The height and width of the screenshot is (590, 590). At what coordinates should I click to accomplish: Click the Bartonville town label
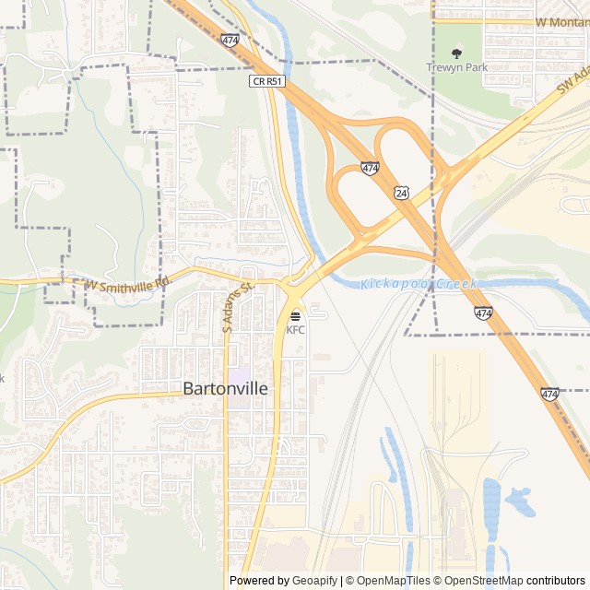click(226, 389)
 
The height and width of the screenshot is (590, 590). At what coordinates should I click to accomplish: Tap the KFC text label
click(295, 330)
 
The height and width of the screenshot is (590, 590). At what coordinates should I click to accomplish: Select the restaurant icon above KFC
click(295, 317)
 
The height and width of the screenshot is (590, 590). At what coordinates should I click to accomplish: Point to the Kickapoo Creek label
click(419, 284)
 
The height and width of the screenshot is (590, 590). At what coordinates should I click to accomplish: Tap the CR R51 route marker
click(267, 81)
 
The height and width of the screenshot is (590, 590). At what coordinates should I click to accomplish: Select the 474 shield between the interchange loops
click(370, 168)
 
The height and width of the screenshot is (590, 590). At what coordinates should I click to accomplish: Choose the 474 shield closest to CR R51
click(230, 41)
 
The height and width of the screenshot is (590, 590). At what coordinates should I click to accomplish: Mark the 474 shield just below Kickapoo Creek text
click(484, 313)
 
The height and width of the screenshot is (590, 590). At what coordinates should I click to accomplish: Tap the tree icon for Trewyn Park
click(455, 53)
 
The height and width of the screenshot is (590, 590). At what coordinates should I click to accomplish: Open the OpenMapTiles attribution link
click(392, 581)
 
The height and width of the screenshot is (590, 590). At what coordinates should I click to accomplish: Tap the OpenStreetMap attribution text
click(483, 581)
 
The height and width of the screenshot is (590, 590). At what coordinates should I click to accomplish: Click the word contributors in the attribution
click(556, 581)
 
